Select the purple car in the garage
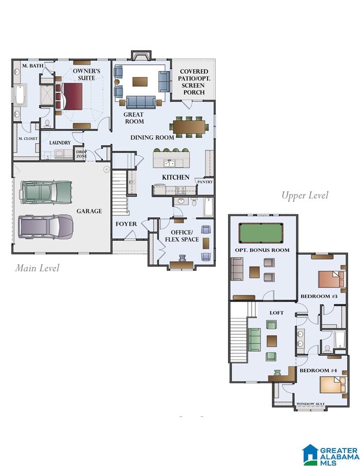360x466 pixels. tap(46, 227)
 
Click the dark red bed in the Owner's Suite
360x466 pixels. tap(69, 96)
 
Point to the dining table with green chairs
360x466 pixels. tap(189, 127)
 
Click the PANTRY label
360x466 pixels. tap(206, 182)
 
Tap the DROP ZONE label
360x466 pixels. tap(82, 154)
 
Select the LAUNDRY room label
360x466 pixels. tap(60, 143)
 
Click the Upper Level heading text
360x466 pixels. tap(305, 195)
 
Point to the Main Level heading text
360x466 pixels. tap(37, 268)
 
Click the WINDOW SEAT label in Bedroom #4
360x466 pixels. tap(310, 404)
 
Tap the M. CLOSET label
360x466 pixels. tap(28, 138)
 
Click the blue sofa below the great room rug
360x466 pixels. tap(141, 102)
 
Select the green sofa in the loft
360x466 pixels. tap(255, 339)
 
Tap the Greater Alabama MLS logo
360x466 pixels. tap(330, 455)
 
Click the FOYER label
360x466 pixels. tap(126, 224)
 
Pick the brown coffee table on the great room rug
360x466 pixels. tap(140, 82)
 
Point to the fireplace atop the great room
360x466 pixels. tap(141, 55)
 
